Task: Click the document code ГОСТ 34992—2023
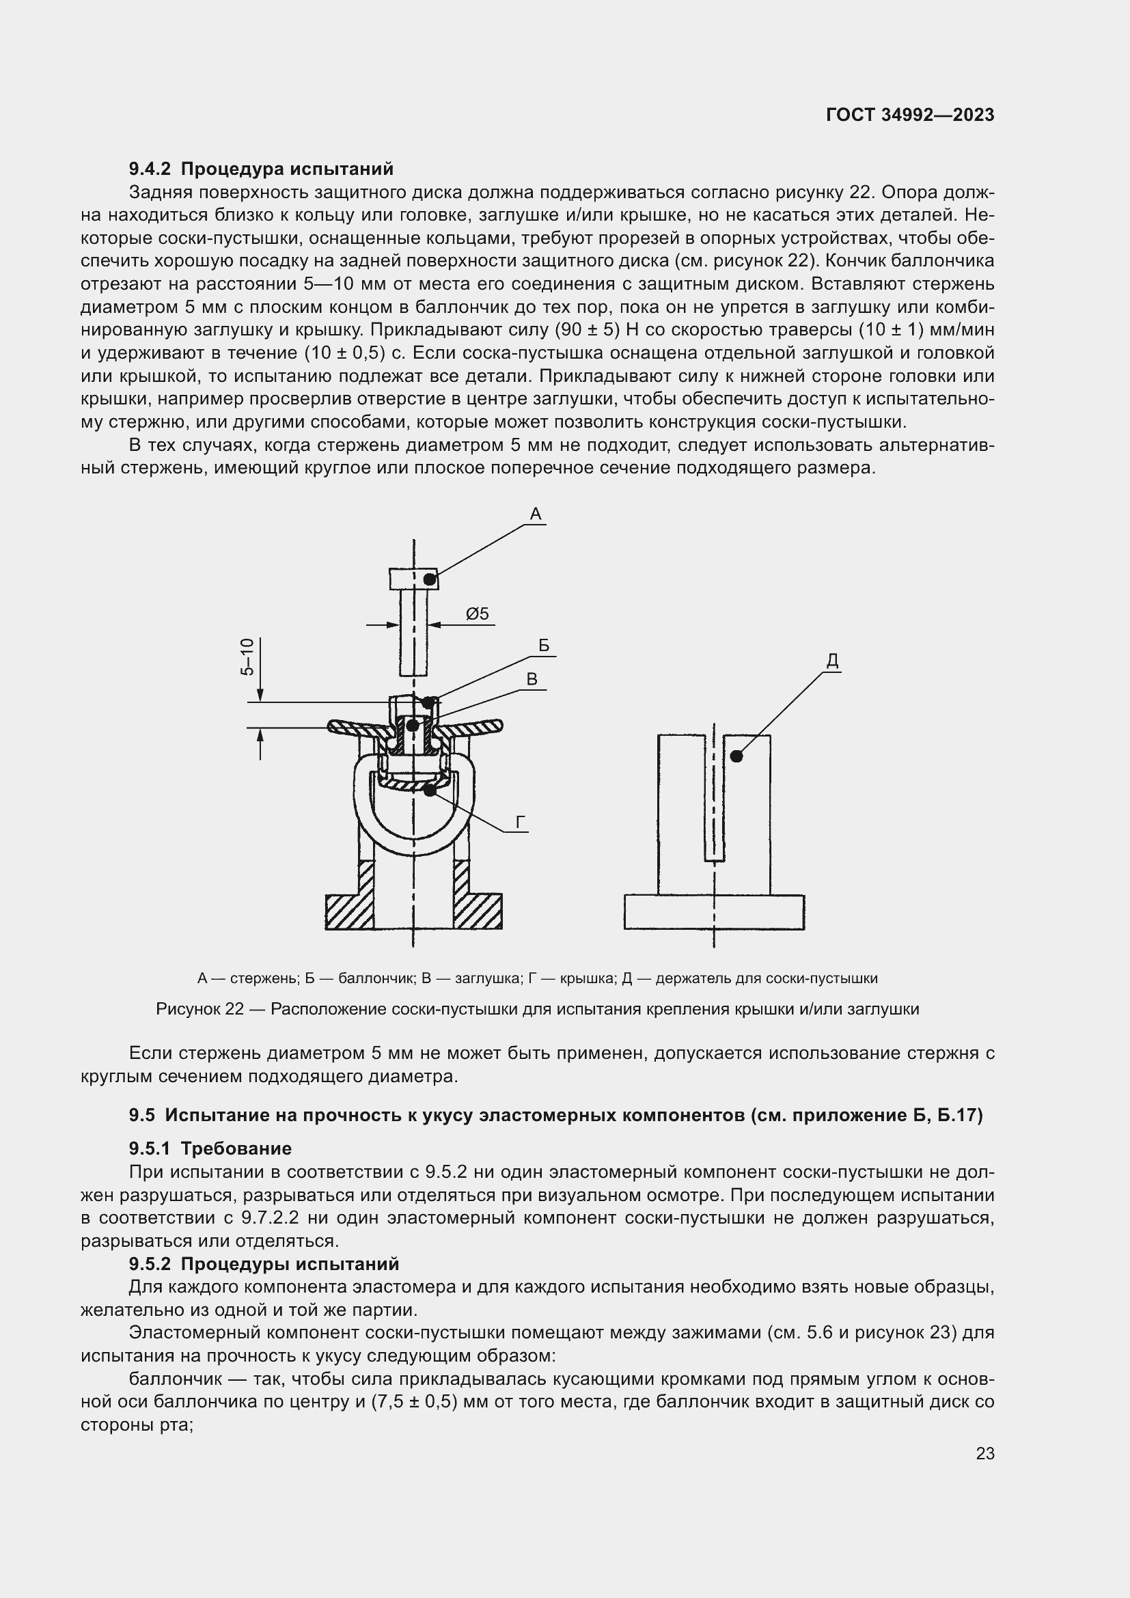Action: (x=909, y=115)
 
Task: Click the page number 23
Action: (x=984, y=1453)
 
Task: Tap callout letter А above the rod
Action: (x=535, y=514)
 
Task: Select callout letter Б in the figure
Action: (x=544, y=646)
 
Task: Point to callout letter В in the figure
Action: (x=532, y=679)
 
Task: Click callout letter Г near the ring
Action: (x=521, y=823)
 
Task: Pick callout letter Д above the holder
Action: (x=832, y=662)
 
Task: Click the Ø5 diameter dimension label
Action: (x=478, y=614)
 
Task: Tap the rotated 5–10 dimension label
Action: (x=248, y=657)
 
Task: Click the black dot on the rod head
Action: (x=430, y=579)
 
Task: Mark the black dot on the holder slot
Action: (x=736, y=756)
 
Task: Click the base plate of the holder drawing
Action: (x=714, y=912)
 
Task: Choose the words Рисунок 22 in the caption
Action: (x=199, y=1009)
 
